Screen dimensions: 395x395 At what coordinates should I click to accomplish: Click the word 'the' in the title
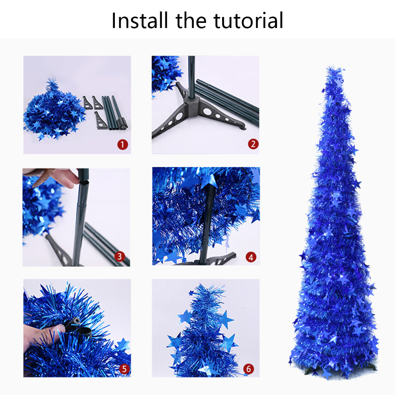coord(192,21)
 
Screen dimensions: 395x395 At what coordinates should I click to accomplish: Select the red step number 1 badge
coord(122,144)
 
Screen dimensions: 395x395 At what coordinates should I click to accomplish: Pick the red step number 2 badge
coord(253,144)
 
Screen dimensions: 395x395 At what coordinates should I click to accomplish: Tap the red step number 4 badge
coord(251,257)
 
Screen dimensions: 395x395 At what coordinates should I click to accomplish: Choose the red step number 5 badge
coord(124,369)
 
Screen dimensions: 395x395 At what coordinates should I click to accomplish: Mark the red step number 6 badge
coord(248,369)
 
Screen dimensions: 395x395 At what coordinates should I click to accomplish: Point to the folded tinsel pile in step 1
coord(53,112)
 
